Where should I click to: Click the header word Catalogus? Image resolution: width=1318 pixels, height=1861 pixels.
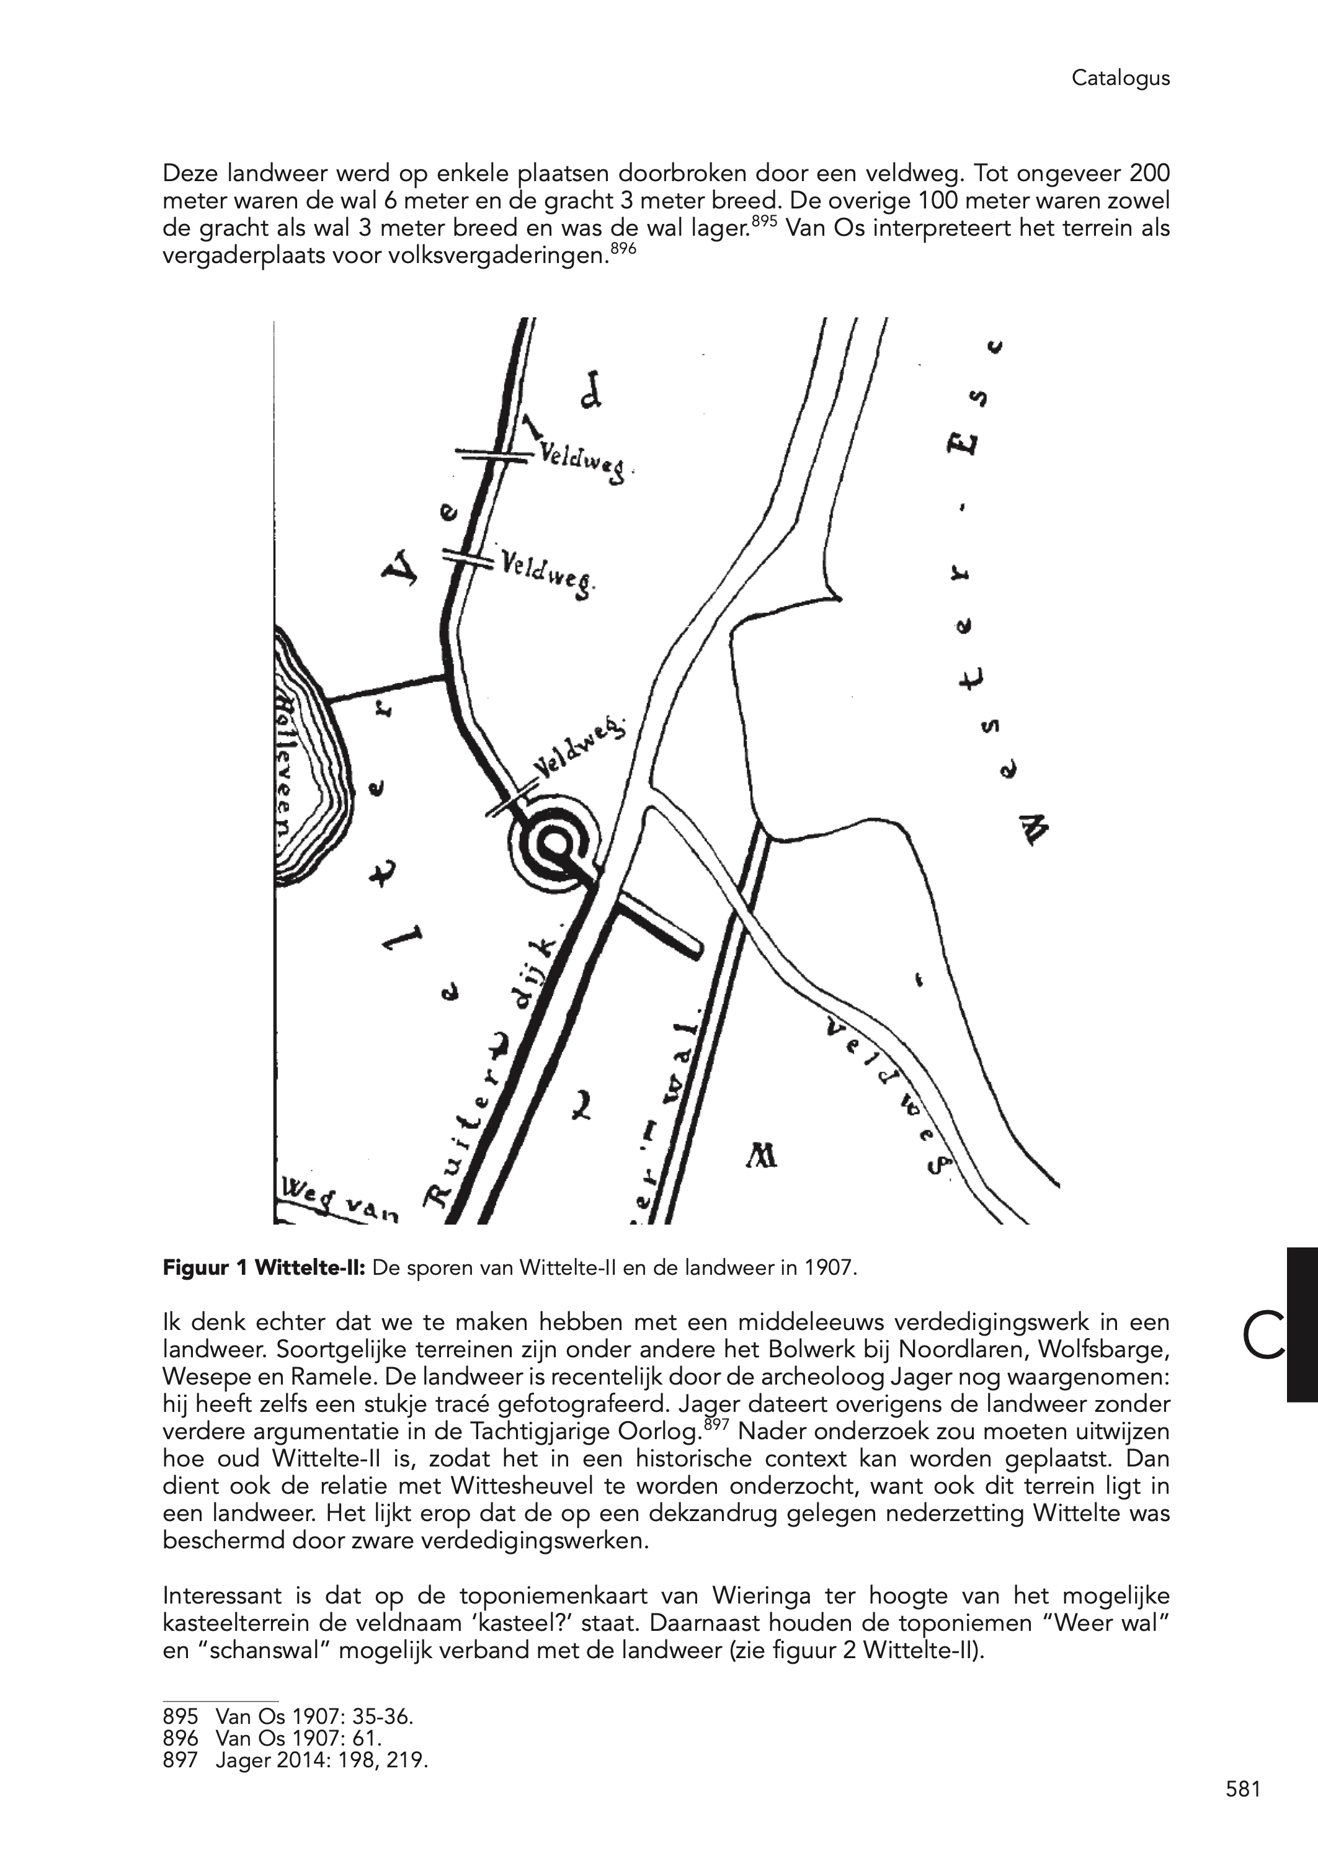[1120, 78]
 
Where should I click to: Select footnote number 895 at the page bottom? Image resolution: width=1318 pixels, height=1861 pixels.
[180, 1716]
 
